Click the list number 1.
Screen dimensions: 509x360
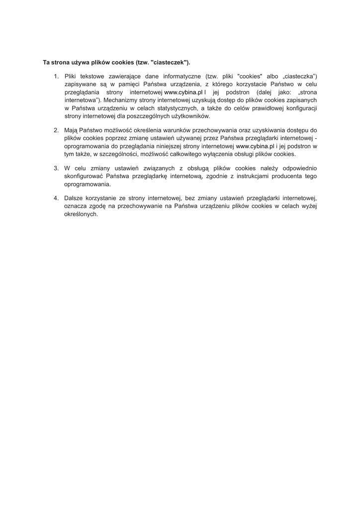[x=56, y=76]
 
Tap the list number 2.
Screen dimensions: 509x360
[x=56, y=130]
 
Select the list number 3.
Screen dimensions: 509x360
[x=56, y=168]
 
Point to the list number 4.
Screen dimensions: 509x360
[x=56, y=198]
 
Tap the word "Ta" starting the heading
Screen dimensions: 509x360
[x=47, y=63]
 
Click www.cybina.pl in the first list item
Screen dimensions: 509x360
[x=183, y=92]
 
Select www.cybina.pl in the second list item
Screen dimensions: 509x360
[x=255, y=146]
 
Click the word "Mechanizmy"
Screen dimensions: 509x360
[x=120, y=100]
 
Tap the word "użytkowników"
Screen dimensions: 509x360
[x=191, y=116]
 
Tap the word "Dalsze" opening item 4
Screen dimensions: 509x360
[x=74, y=198]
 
